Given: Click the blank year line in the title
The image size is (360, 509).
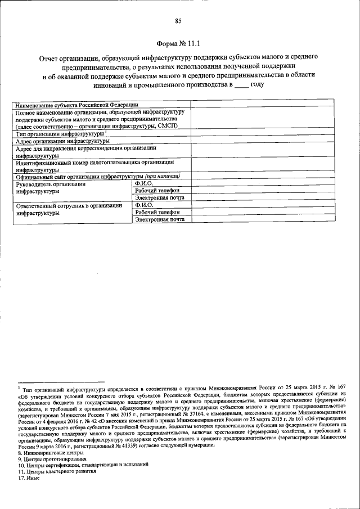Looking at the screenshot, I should tap(241, 84).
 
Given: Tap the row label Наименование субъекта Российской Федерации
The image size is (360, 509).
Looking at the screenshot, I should tap(78, 105).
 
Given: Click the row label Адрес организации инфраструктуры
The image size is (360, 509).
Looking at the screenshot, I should tap(62, 142).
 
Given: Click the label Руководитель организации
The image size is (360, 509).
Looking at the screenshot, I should tap(51, 183).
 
